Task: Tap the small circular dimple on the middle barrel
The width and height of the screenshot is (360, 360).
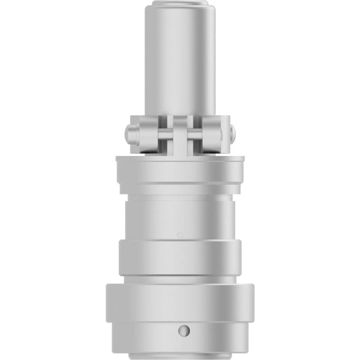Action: click(x=180, y=235)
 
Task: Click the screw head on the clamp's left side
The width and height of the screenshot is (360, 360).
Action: click(x=131, y=134)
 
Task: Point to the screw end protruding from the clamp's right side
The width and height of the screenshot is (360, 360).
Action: click(x=233, y=133)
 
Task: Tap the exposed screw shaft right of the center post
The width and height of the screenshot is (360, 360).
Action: click(x=194, y=135)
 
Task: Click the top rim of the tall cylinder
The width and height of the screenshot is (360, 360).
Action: click(x=180, y=3)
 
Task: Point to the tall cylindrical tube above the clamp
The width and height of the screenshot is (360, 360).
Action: click(x=180, y=61)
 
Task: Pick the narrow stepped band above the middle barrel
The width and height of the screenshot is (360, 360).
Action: click(x=180, y=193)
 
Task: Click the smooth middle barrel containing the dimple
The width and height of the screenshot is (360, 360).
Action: click(x=180, y=220)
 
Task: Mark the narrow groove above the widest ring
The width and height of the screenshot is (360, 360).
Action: click(x=180, y=279)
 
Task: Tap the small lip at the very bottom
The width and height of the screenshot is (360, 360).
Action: click(x=180, y=357)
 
